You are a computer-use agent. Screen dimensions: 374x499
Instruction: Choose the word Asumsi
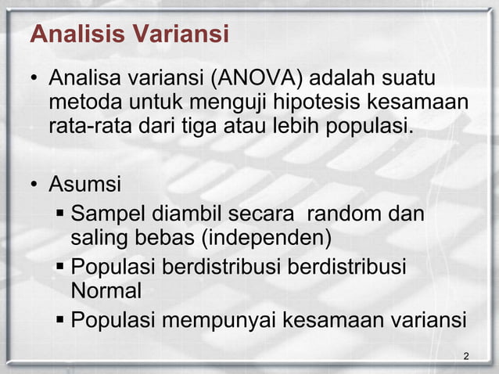84,186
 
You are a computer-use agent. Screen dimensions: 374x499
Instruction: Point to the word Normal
106,292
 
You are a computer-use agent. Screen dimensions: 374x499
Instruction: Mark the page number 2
466,357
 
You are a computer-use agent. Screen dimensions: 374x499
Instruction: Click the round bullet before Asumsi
35,187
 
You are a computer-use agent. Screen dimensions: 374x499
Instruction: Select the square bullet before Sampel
61,214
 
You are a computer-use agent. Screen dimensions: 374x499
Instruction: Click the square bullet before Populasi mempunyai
61,320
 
